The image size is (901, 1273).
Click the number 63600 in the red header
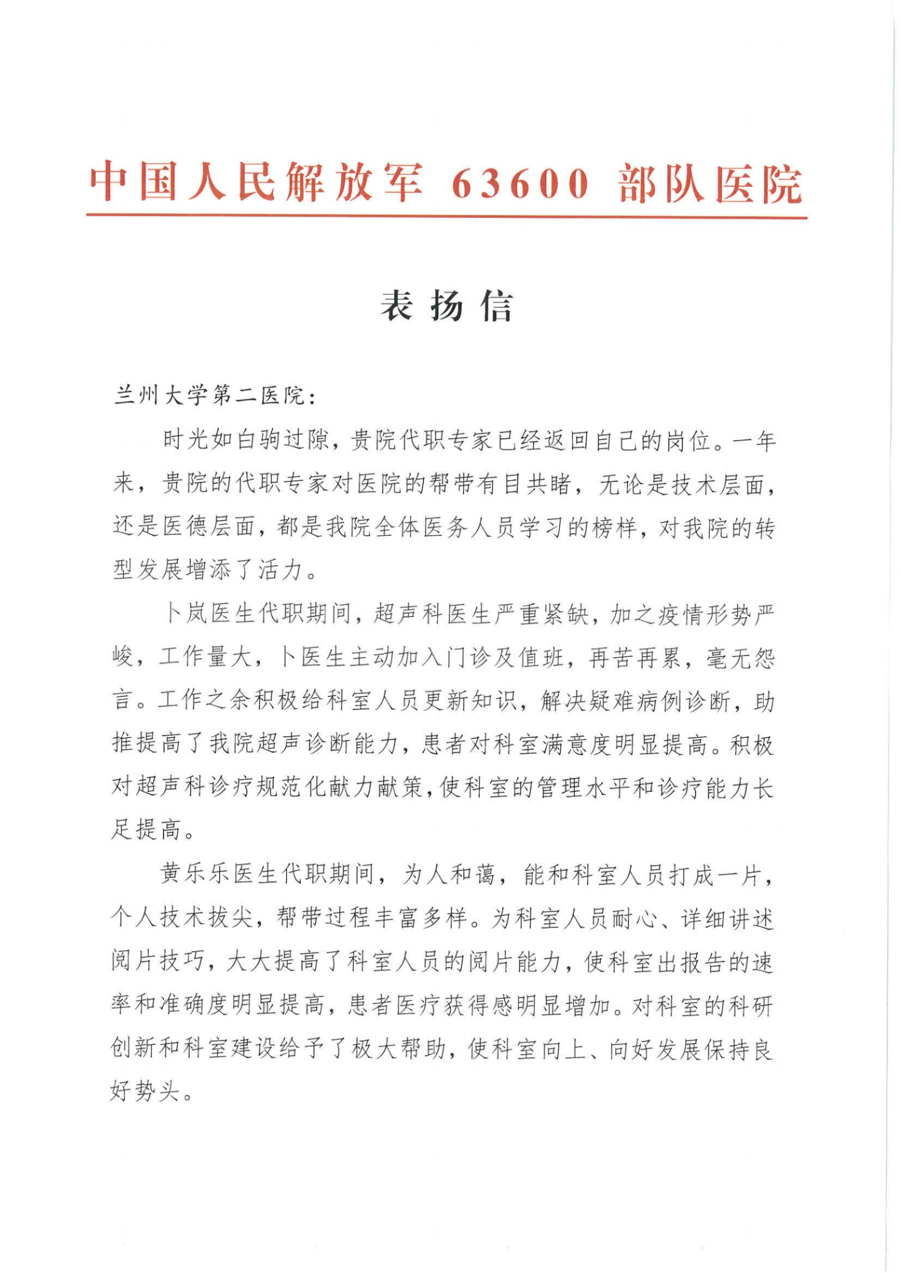(520, 183)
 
